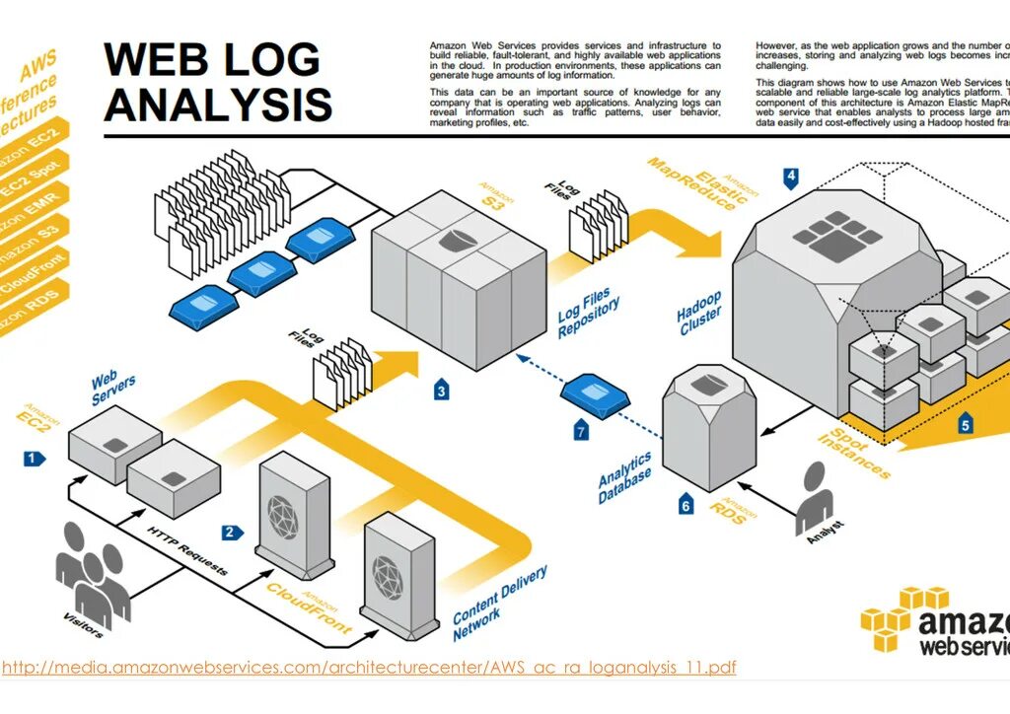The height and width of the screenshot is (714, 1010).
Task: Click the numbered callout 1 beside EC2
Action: click(34, 458)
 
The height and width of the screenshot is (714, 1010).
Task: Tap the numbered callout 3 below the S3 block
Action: click(441, 392)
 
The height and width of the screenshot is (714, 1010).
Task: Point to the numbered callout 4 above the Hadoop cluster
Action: click(791, 178)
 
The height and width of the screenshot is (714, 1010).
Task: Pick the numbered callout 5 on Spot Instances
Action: click(966, 426)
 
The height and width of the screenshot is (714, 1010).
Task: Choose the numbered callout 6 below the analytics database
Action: click(686, 507)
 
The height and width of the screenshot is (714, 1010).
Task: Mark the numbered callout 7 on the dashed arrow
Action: click(582, 431)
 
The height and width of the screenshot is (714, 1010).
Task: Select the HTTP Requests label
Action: click(187, 551)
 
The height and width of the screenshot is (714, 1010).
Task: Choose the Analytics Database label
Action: click(624, 477)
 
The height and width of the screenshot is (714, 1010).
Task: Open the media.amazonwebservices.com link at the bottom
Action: click(369, 668)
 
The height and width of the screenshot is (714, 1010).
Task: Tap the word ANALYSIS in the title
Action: click(217, 104)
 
